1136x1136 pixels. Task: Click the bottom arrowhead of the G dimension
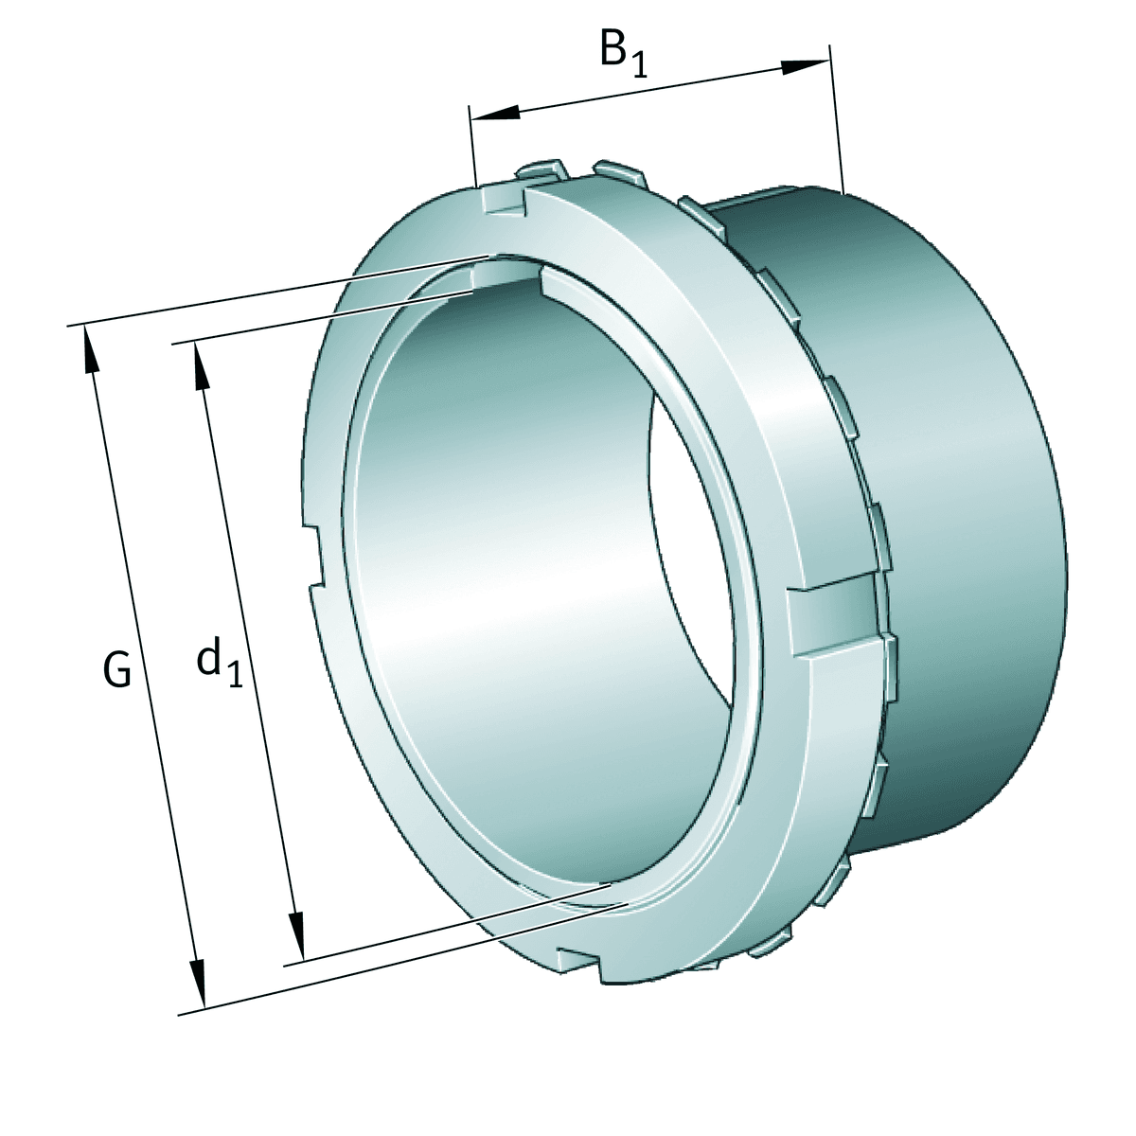[x=196, y=985]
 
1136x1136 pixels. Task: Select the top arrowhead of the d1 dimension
[x=201, y=365]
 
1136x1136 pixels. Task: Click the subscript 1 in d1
[x=234, y=674]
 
